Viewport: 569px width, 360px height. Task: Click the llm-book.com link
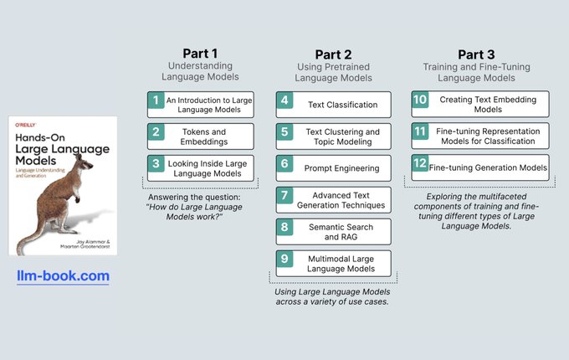64,275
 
